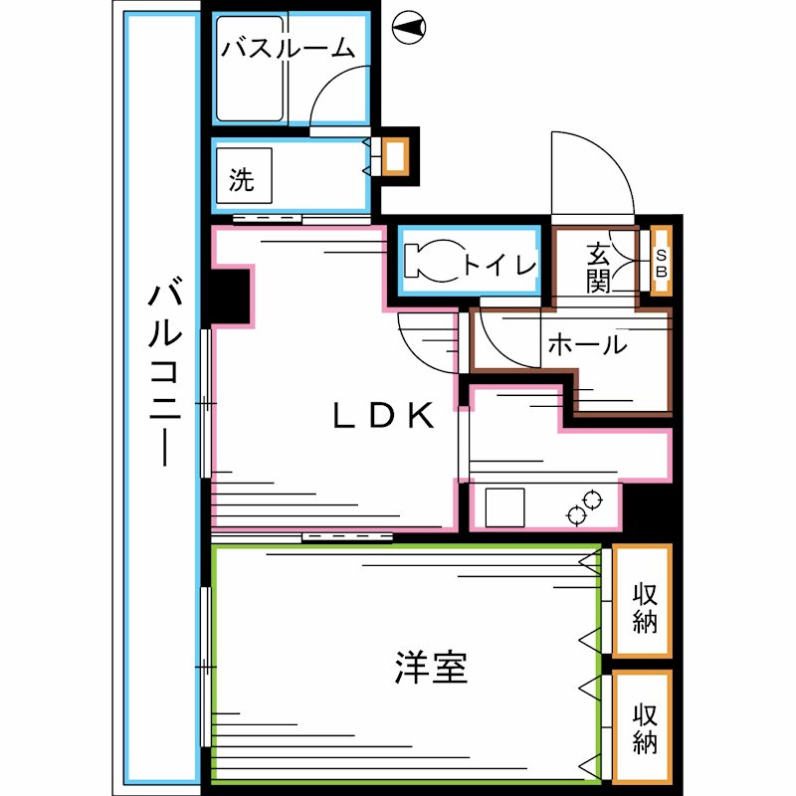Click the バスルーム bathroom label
coord(288,47)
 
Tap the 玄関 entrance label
coord(597,267)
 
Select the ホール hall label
coord(587,345)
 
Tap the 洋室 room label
coord(431,668)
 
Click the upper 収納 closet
coord(642,601)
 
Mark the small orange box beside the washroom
coord(396,157)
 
